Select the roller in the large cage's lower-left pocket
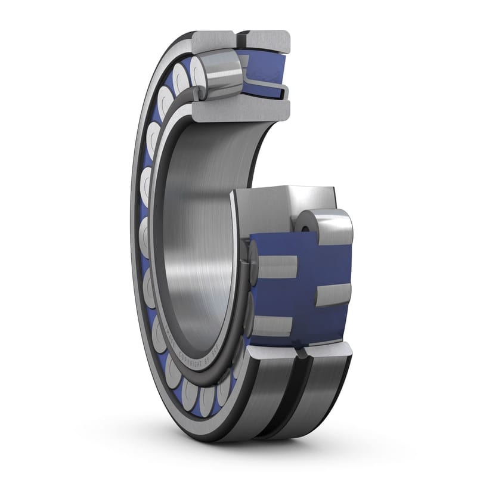point(273,326)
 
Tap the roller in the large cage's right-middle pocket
point(333,296)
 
